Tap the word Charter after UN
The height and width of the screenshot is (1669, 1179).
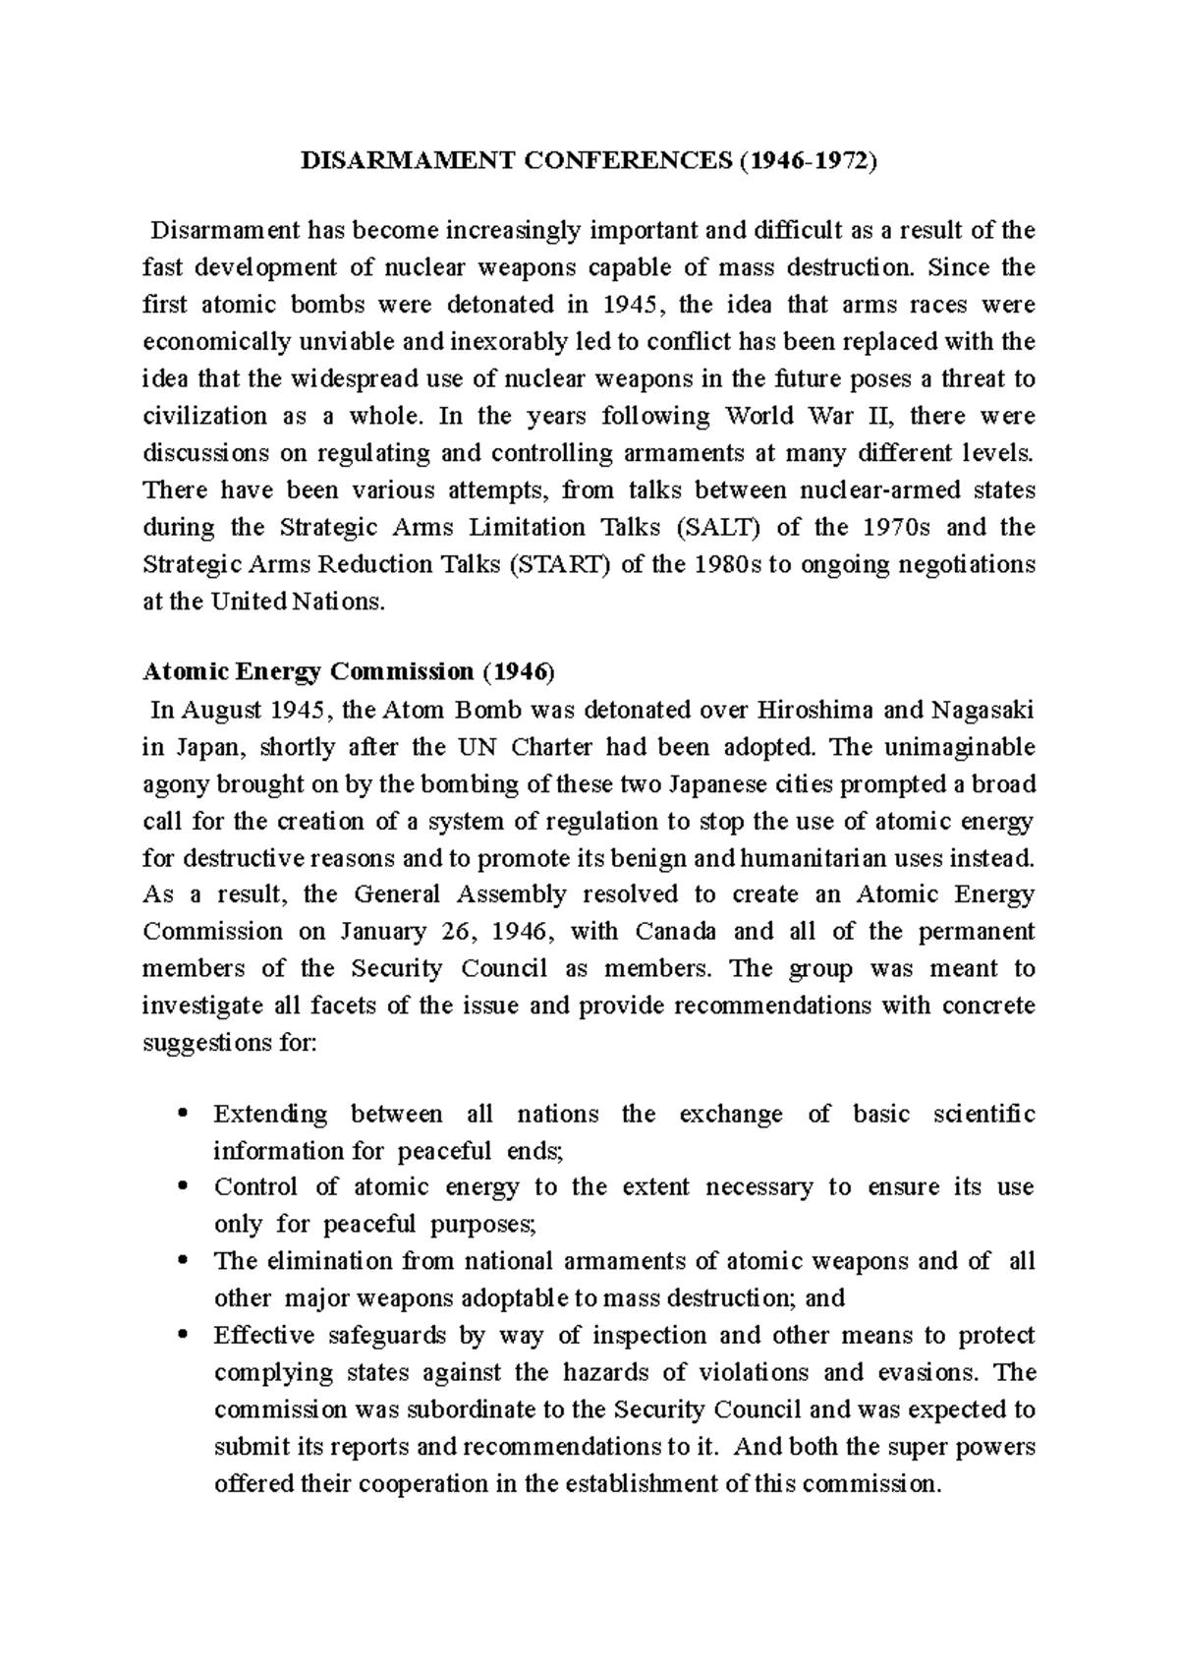coord(551,747)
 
